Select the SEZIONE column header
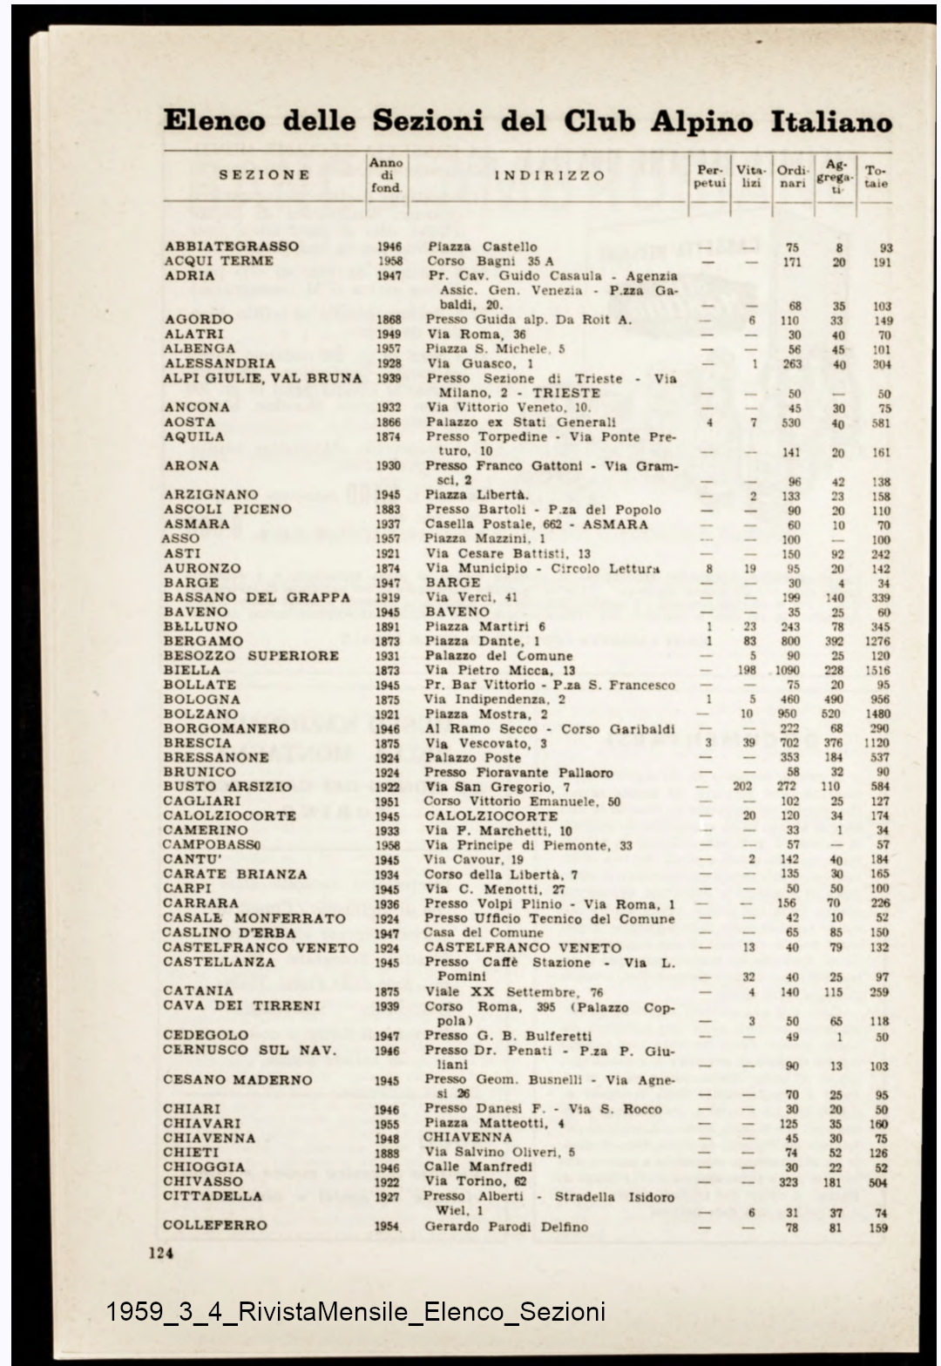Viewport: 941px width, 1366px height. coord(264,175)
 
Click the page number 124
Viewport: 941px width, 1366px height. coord(161,1254)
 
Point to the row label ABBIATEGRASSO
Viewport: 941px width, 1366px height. coord(232,247)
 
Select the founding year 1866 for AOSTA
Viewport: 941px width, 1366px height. coord(389,423)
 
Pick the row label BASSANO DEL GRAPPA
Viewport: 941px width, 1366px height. coord(257,598)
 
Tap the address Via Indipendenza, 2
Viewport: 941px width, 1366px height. coord(495,700)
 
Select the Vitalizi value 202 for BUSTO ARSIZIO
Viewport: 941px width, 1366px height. coord(743,787)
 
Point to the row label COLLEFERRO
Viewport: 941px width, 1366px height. coord(215,1225)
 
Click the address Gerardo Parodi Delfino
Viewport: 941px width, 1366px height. coord(506,1227)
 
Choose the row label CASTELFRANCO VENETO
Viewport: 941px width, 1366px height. coord(261,948)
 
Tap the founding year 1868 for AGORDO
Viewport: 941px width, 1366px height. coord(389,320)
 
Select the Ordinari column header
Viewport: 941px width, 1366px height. coord(792,177)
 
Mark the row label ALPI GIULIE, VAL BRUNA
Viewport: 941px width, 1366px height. coord(262,378)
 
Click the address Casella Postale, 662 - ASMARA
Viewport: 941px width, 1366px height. coord(537,524)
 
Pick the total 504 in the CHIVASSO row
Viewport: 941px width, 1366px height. coord(878,1182)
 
